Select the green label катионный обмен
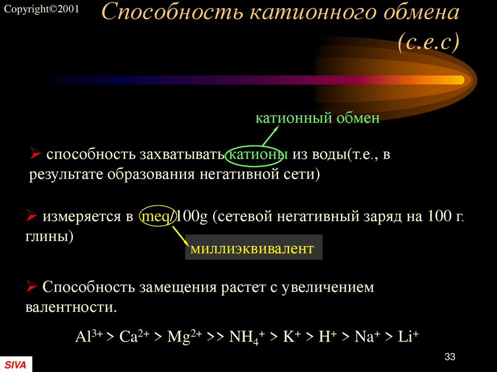pyautogui.click(x=317, y=118)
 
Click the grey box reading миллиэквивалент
pyautogui.click(x=253, y=248)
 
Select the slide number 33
pyautogui.click(x=449, y=357)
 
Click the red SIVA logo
pyautogui.click(x=16, y=364)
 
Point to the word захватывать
pyautogui.click(x=181, y=155)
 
